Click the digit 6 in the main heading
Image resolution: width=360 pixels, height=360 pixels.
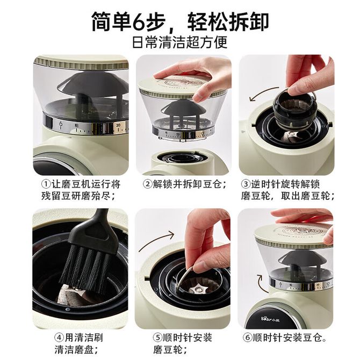click(140, 21)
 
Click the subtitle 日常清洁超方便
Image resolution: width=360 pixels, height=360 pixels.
click(180, 41)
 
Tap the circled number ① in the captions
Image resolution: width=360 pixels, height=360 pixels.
click(46, 184)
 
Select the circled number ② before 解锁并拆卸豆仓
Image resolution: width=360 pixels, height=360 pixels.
click(148, 184)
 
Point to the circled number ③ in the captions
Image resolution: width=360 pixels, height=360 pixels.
click(246, 184)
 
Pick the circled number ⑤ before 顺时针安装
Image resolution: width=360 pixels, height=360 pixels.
click(158, 337)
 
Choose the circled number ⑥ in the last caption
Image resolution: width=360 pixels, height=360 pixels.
click(248, 337)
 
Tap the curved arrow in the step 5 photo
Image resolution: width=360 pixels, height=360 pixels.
click(156, 239)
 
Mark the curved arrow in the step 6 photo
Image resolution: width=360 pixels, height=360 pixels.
click(261, 284)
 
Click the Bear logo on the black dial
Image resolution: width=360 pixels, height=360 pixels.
click(271, 319)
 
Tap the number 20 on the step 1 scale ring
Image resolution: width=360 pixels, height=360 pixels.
click(118, 125)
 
